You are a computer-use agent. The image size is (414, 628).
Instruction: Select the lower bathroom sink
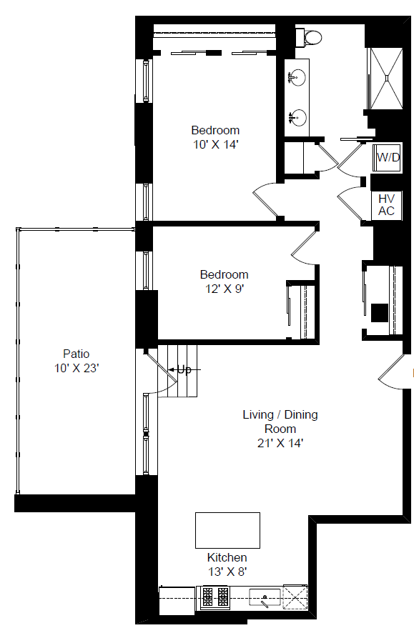pos(297,117)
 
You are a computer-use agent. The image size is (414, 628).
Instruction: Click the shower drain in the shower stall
pos(387,78)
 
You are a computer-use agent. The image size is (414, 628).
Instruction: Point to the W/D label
pos(388,157)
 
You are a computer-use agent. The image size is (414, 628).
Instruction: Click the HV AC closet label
pos(386,204)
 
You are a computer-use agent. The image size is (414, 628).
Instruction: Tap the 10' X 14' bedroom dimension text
pos(216,144)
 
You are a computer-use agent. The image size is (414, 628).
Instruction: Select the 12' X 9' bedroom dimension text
pos(225,289)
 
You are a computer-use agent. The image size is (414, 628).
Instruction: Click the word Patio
pos(76,354)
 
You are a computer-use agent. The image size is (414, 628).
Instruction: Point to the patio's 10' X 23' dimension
pos(77,368)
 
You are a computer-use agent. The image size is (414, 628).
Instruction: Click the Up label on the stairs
pos(184,369)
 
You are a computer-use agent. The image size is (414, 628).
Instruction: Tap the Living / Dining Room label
pos(280,422)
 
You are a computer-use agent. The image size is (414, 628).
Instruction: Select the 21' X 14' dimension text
pos(280,443)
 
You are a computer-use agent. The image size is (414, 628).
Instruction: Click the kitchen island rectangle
pos(227,530)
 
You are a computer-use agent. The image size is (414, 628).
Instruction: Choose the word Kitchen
pos(227,557)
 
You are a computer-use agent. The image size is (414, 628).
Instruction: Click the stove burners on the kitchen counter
pos(215,597)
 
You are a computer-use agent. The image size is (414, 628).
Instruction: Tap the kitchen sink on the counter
pos(265,597)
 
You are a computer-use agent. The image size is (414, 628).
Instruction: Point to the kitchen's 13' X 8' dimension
pos(227,572)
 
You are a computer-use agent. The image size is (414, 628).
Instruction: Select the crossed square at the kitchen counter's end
pos(295,597)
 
